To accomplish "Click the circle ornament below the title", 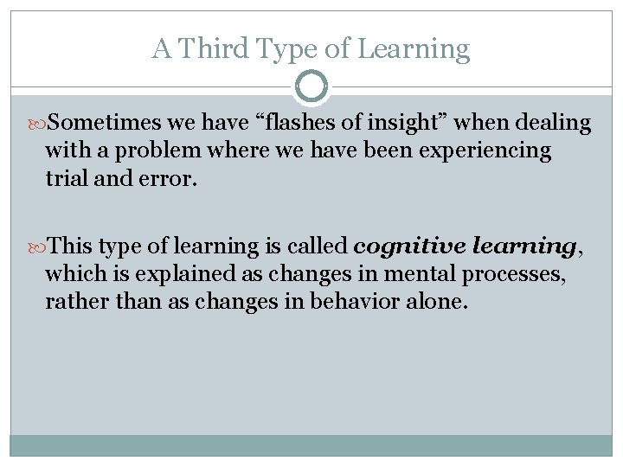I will (x=311, y=86).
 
